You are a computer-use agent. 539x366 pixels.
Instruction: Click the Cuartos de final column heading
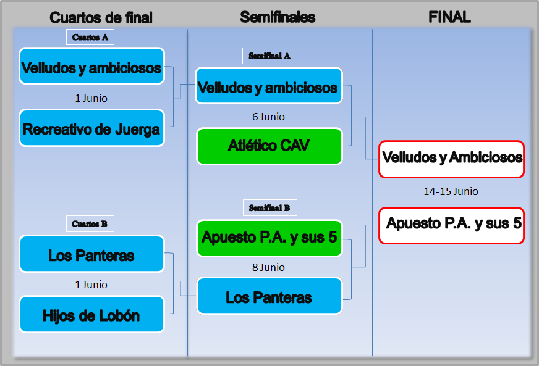click(x=101, y=17)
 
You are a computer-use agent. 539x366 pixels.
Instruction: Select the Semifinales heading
click(x=278, y=17)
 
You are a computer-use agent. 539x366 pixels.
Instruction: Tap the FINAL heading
click(x=449, y=17)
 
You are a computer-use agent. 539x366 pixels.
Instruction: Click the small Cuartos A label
click(x=90, y=37)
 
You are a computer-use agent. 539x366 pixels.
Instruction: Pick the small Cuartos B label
click(x=90, y=223)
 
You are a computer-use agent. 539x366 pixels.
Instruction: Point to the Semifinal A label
click(x=269, y=56)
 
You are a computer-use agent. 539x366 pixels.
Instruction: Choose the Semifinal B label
click(x=269, y=208)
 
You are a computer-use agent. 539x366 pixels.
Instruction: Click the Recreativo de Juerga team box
click(x=91, y=128)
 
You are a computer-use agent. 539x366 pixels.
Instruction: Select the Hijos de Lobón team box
click(x=91, y=315)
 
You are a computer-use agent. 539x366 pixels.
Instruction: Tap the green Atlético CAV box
click(x=269, y=146)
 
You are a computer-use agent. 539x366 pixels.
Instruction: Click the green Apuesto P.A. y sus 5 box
click(x=269, y=238)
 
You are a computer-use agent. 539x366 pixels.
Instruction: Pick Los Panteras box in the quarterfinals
click(x=91, y=254)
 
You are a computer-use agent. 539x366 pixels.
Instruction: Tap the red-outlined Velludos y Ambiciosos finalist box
click(x=452, y=159)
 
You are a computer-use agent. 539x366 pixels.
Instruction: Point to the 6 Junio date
click(x=268, y=117)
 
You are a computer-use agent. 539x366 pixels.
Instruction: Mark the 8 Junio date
click(x=268, y=267)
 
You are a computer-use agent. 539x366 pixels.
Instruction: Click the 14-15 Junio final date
click(x=451, y=191)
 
